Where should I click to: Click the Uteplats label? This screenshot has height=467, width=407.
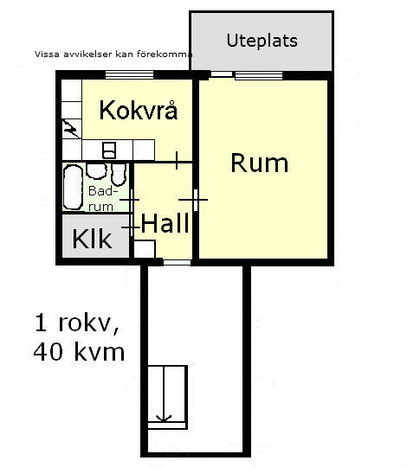pos(262,41)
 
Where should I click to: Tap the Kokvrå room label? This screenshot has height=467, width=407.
pos(139,110)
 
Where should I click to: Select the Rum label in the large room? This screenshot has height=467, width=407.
pos(260,163)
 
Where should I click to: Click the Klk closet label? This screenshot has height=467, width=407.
pos(92,239)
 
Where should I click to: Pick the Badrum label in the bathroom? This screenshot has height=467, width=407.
pos(101,199)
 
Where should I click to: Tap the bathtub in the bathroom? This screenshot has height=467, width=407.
pos(73,187)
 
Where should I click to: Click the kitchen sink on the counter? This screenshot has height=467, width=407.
pos(109,150)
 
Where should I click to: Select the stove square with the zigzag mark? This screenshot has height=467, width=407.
pos(72,129)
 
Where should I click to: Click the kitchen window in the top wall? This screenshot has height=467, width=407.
pos(129,74)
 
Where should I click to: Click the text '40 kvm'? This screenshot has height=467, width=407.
pos(79,352)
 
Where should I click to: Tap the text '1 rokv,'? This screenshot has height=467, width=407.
pos(76,323)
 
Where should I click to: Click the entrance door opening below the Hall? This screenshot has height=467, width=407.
pos(177,262)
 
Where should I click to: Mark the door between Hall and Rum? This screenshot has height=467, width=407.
pos(196,200)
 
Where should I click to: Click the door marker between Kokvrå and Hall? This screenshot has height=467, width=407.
pos(177,161)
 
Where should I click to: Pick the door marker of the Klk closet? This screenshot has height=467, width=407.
pos(132,227)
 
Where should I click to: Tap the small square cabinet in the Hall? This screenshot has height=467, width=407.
pos(145,249)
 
